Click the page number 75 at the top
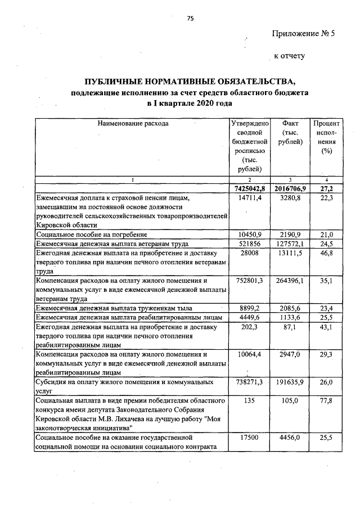pyautogui.click(x=190, y=19)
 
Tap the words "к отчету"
pyautogui.click(x=289, y=56)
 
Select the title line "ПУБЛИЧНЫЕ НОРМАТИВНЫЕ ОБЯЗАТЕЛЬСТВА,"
pyautogui.click(x=190, y=80)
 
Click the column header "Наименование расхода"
pyautogui.click(x=133, y=123)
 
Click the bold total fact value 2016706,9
pyautogui.click(x=291, y=188)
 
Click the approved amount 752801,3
pyautogui.click(x=251, y=281)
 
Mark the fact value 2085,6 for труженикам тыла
pyautogui.click(x=291, y=308)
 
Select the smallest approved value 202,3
pyautogui.click(x=251, y=327)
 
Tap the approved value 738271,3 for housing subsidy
pyautogui.click(x=251, y=382)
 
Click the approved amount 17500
pyautogui.click(x=251, y=437)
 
